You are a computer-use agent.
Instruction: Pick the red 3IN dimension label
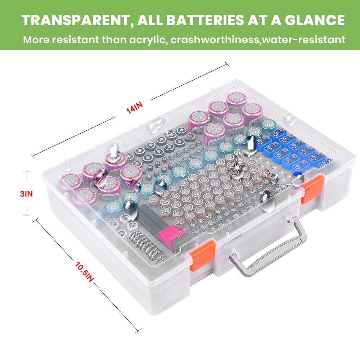point(26,194)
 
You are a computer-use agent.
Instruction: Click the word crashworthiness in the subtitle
point(215,39)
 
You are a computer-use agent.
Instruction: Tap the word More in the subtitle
point(35,39)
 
